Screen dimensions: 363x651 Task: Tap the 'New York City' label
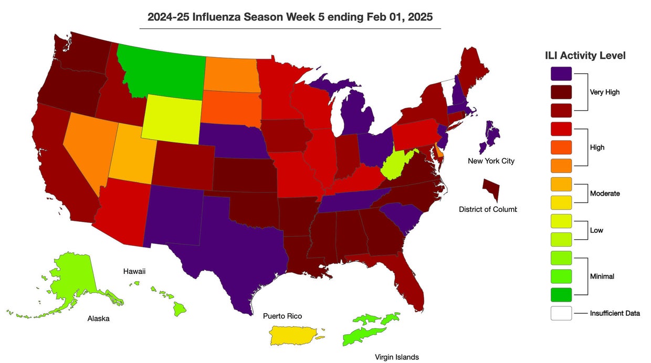click(491, 161)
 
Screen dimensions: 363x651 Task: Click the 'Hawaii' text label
click(134, 271)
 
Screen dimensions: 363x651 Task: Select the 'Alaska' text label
click(98, 318)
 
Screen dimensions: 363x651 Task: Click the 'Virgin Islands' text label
click(396, 357)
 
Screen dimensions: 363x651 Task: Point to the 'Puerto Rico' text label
click(282, 316)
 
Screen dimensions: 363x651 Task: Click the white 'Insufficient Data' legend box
click(561, 313)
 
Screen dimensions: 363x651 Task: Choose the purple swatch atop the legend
click(561, 74)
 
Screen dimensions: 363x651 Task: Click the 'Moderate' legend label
click(605, 194)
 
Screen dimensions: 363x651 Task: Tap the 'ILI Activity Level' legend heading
click(585, 56)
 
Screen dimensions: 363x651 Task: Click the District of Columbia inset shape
click(492, 189)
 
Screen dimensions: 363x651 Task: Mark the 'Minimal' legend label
click(602, 276)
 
